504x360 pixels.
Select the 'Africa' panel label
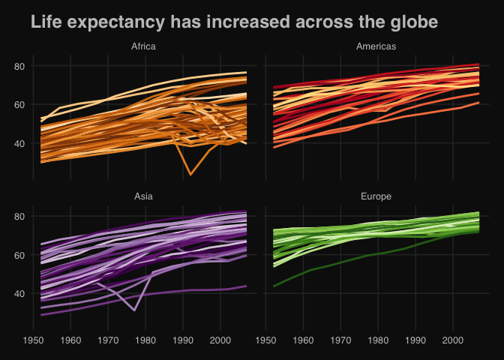point(143,46)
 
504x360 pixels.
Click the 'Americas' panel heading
point(376,46)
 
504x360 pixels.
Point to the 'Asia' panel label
point(143,196)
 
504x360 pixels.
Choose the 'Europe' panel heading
point(376,196)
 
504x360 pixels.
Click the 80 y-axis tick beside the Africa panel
point(19,66)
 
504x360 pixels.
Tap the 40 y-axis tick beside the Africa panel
point(19,143)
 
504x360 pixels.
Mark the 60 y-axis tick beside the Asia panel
point(19,255)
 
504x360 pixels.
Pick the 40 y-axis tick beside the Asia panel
point(19,293)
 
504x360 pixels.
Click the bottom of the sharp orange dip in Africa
point(190,174)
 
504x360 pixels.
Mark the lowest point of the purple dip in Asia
point(134,310)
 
